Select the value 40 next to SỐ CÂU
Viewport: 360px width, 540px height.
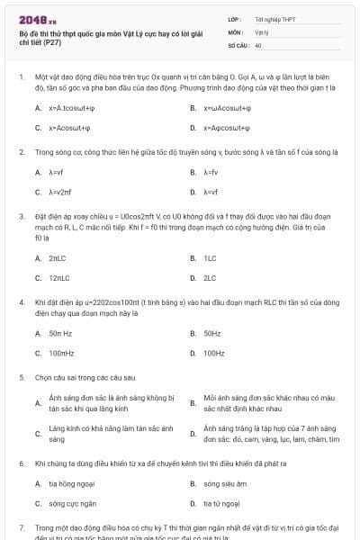[x=258, y=44]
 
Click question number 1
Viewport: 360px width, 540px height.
[x=21, y=78]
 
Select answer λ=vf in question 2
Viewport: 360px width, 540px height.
[x=56, y=172]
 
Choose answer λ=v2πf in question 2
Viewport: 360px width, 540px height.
[x=59, y=192]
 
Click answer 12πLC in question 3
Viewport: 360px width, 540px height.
[x=60, y=278]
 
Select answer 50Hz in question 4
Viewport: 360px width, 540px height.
[x=212, y=334]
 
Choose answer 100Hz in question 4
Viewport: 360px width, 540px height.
[x=214, y=354]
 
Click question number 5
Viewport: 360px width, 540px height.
[x=21, y=378]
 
